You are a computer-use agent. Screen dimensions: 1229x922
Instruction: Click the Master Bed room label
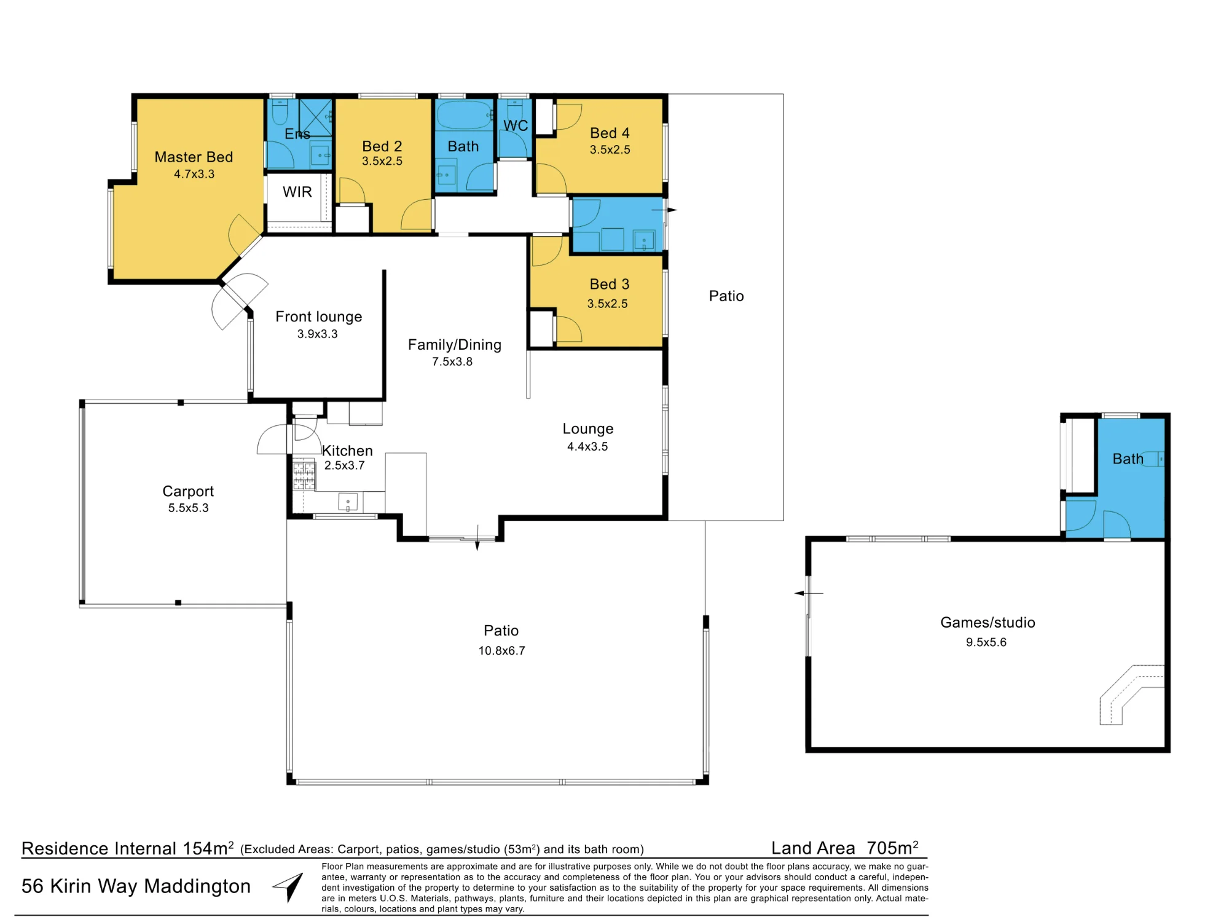(x=194, y=157)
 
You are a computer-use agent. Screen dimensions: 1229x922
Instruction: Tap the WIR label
(x=297, y=192)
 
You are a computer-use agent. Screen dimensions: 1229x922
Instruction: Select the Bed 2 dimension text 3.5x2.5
(x=382, y=161)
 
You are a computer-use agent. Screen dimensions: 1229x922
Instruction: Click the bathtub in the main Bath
(x=465, y=115)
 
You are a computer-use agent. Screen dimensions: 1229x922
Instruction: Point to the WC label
(x=516, y=125)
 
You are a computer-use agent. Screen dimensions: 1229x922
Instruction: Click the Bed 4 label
(x=610, y=133)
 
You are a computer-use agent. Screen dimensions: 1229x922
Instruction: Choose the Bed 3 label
(x=610, y=285)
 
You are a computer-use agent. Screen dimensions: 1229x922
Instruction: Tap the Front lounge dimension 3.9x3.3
(x=318, y=334)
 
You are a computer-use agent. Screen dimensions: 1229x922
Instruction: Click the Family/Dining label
(x=455, y=345)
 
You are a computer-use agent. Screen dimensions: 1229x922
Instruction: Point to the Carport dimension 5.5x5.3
(x=189, y=508)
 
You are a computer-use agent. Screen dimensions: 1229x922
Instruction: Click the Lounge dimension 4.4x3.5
(x=587, y=446)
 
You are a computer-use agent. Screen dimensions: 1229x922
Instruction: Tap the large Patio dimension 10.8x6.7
(x=502, y=650)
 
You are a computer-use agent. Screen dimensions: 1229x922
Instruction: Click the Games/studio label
(x=988, y=623)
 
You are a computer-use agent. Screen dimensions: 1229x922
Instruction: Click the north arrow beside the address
(x=289, y=887)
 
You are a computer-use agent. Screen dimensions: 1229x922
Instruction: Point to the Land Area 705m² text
(x=845, y=848)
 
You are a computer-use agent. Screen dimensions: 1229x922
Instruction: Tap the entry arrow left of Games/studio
(x=808, y=593)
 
